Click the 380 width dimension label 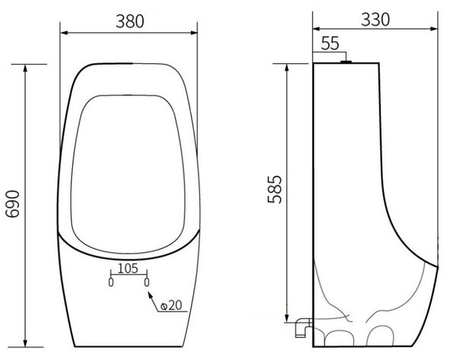click(130, 21)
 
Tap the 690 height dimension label click(13, 204)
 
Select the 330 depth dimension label click(375, 20)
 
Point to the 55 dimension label click(330, 43)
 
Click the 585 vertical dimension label click(274, 189)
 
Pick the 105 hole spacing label click(128, 268)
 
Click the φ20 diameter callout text click(172, 305)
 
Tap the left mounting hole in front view click(111, 282)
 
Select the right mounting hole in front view click(147, 282)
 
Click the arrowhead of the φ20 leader click(150, 295)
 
